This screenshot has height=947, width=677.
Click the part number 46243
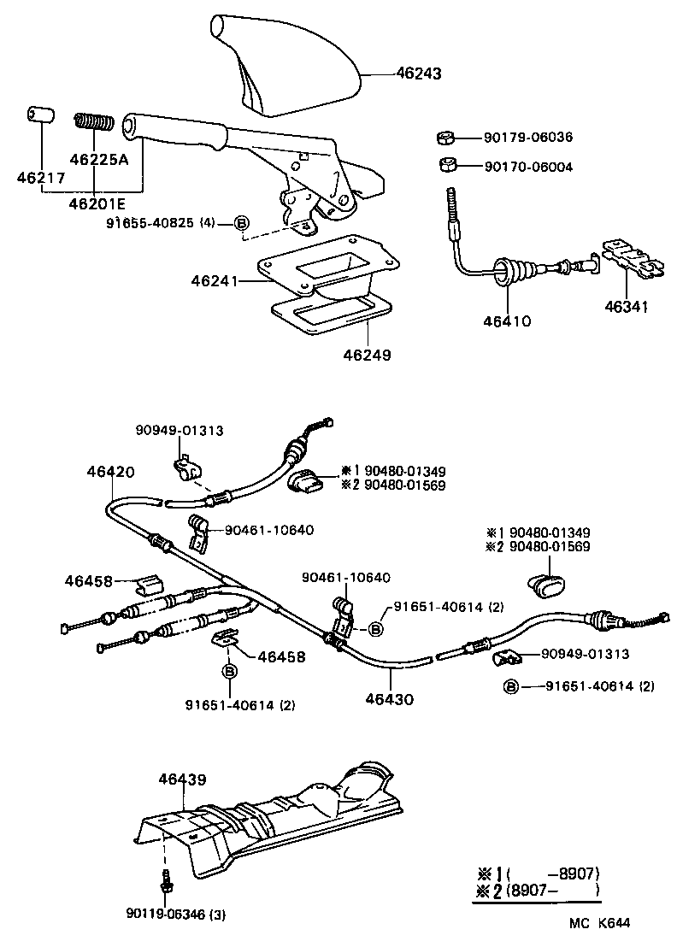[x=419, y=74]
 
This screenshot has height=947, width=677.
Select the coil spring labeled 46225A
[x=94, y=123]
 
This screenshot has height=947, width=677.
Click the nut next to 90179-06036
[x=444, y=137]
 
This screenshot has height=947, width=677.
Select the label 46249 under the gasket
[x=368, y=354]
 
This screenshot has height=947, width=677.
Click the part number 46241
[x=215, y=279]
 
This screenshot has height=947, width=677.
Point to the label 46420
[x=109, y=471]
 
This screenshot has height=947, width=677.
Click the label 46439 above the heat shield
[x=182, y=779]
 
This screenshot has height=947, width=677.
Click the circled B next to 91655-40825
[x=241, y=224]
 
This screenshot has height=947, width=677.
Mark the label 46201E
[x=94, y=203]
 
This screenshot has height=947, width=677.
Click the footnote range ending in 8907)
[x=555, y=873]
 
